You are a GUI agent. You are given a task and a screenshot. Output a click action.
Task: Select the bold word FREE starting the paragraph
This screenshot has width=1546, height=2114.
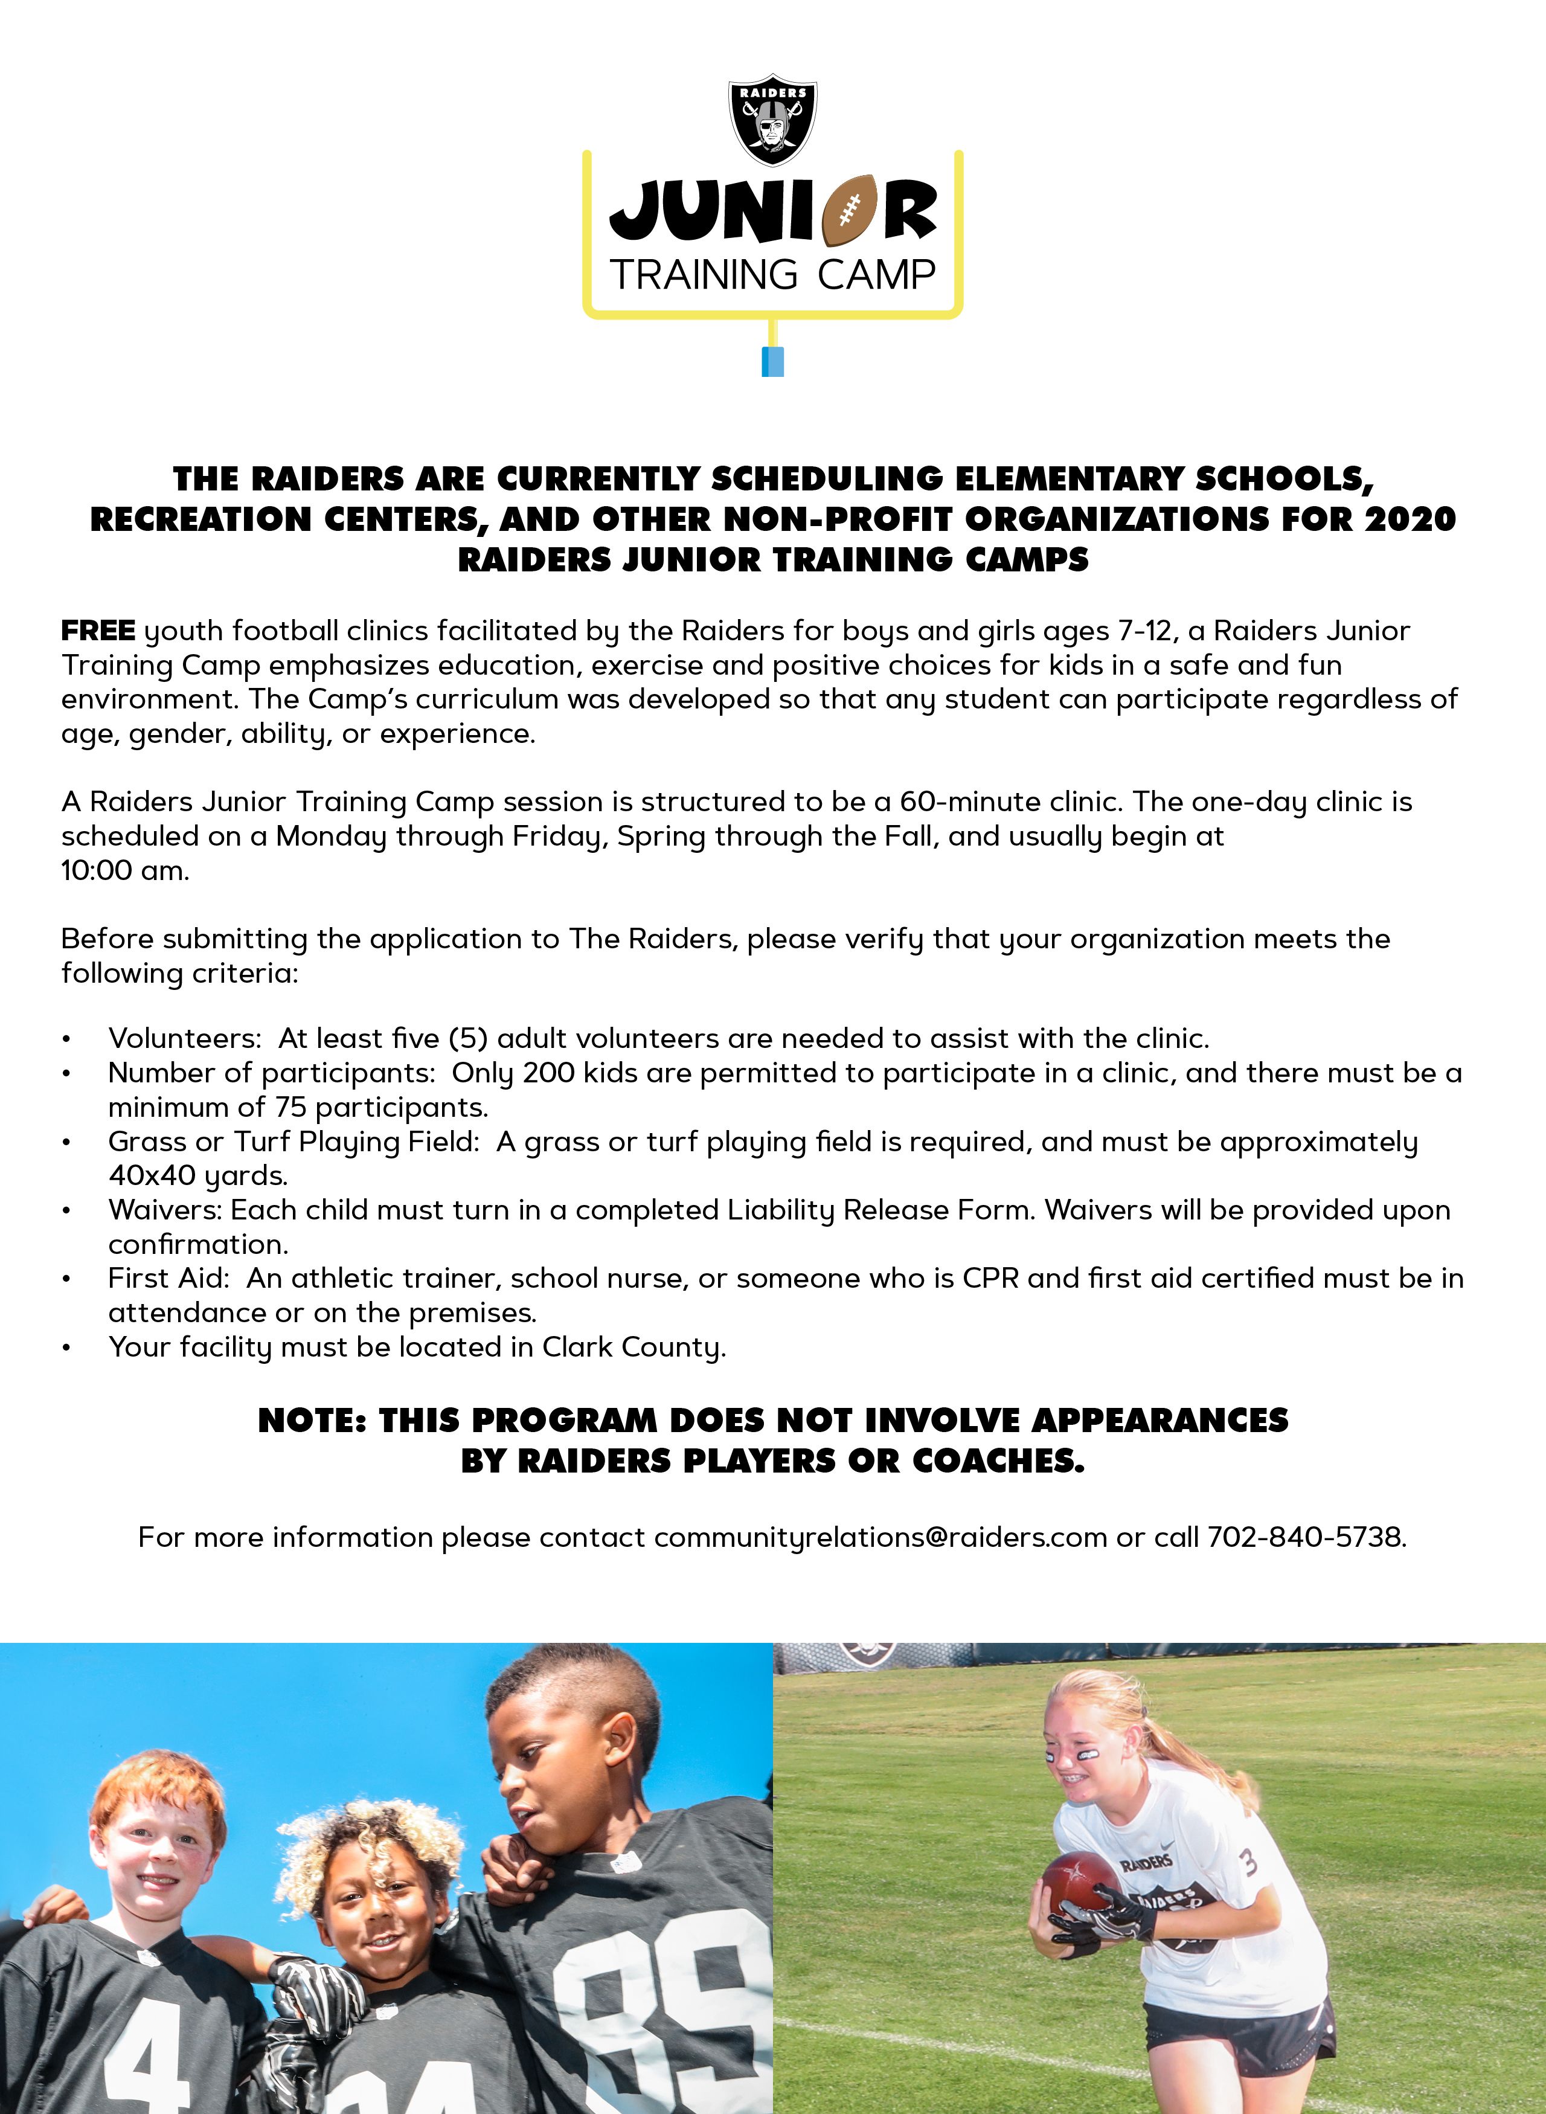[98, 631]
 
